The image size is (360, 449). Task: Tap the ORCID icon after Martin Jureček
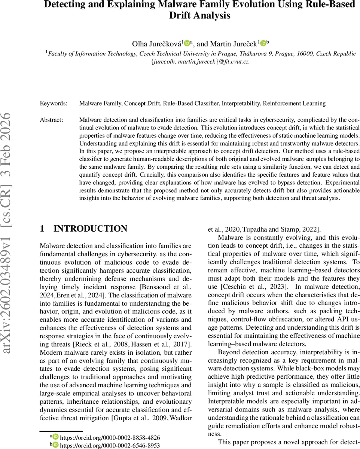(x=263, y=44)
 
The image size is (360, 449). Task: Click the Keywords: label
(x=54, y=103)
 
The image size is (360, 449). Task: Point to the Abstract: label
(x=52, y=120)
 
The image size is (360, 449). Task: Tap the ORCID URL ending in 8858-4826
(x=110, y=437)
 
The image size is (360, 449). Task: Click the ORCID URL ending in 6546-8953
(x=110, y=445)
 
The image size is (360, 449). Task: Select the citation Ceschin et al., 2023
(x=262, y=287)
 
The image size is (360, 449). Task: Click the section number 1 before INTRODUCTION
(x=42, y=229)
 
